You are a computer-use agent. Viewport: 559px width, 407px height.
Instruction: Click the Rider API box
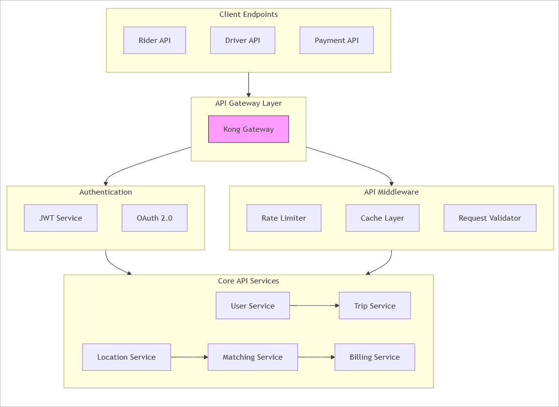point(155,40)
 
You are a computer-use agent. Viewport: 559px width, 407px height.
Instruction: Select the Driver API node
point(243,40)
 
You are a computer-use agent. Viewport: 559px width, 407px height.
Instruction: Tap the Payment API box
point(336,40)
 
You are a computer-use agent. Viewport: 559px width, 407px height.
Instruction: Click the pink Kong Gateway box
point(248,129)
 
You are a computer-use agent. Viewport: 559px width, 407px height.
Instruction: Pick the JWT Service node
point(60,218)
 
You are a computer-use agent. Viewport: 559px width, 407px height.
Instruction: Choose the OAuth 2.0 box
point(154,218)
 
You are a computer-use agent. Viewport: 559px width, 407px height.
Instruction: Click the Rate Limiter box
point(284,218)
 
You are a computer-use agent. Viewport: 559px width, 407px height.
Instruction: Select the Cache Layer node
point(382,218)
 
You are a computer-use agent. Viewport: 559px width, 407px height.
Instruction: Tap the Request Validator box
point(489,218)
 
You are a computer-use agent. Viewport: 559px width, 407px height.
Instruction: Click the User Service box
point(253,306)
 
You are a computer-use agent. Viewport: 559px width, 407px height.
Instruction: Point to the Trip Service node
point(374,306)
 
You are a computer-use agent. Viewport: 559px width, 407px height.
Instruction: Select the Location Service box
point(126,357)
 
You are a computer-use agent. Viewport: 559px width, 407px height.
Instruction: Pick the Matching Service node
point(253,357)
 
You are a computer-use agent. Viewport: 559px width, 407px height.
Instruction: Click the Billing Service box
point(374,357)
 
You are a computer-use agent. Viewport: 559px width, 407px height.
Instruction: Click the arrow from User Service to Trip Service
point(314,306)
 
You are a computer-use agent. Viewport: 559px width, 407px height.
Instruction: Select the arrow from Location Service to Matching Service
point(189,357)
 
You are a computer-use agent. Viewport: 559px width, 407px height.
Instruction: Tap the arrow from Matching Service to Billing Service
point(316,357)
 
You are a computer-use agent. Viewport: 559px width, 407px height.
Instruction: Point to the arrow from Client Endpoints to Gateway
point(248,84)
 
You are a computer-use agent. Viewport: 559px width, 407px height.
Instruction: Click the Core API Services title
point(248,281)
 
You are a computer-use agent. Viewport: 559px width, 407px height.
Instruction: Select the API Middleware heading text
point(391,192)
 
